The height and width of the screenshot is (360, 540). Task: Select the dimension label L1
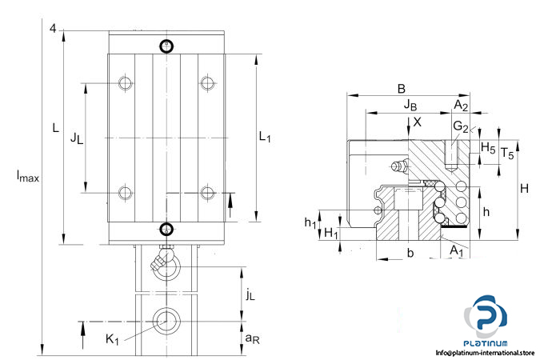tap(265, 138)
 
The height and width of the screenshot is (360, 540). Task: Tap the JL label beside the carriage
tap(76, 138)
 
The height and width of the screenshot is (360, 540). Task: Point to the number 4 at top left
tap(53, 29)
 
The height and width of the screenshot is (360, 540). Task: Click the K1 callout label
tap(113, 339)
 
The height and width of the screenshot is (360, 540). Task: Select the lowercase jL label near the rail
tap(250, 295)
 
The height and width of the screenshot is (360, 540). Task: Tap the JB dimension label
tap(410, 105)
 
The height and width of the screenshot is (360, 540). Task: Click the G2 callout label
tap(460, 126)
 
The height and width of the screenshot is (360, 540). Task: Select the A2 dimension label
tap(462, 105)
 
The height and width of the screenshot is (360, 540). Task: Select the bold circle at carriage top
tap(166, 46)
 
